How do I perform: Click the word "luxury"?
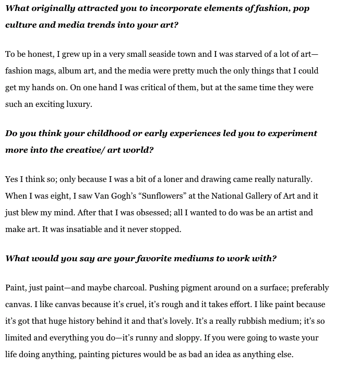coord(79,104)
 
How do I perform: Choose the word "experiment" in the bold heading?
coord(289,133)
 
